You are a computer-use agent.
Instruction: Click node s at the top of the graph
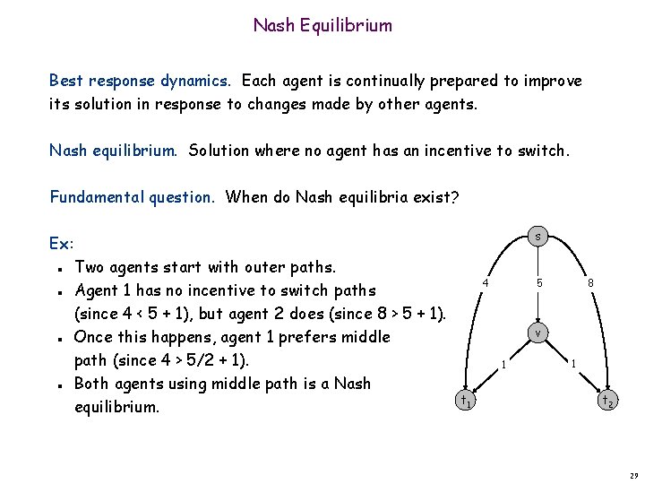coord(537,237)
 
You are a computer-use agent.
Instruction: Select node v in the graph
coord(537,332)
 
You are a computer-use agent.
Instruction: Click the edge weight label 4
coord(485,283)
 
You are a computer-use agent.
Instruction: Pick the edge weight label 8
coord(590,283)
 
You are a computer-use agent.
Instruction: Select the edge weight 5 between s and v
coord(539,283)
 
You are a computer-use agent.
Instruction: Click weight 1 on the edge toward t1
coord(504,364)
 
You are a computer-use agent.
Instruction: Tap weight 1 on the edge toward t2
coord(572,364)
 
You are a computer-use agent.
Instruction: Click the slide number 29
coord(631,472)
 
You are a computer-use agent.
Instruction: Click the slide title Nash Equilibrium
coord(322,25)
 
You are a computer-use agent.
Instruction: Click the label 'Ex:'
coord(62,244)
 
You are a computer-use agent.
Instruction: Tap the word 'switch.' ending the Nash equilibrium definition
coord(541,151)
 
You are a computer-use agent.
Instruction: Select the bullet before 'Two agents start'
coord(57,268)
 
